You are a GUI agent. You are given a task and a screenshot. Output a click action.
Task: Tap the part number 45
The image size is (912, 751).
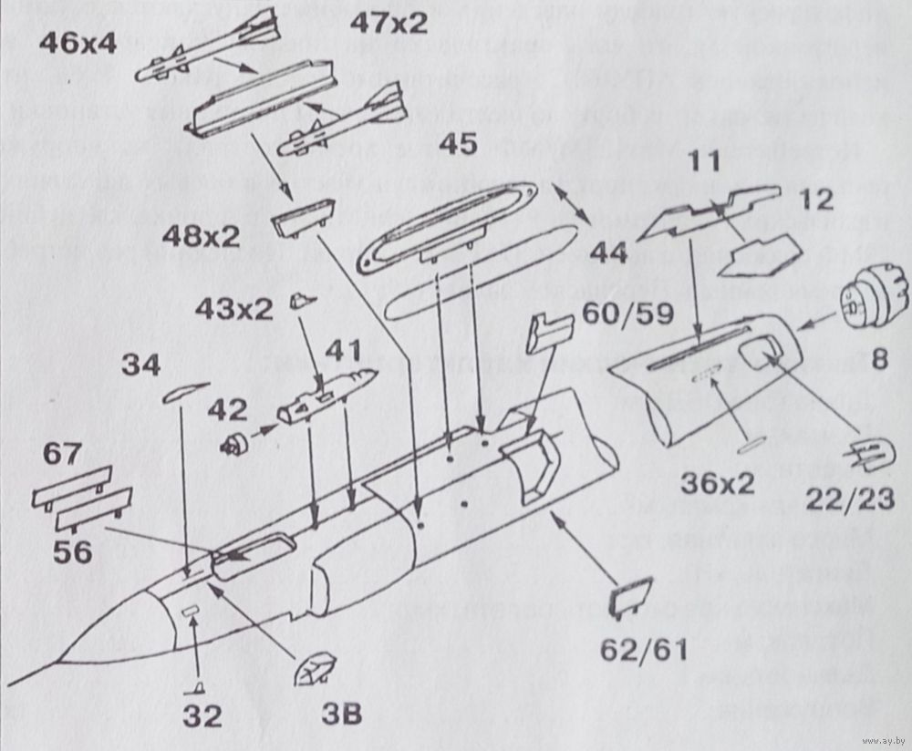tap(463, 144)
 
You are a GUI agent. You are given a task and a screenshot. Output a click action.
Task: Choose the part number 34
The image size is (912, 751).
tap(141, 366)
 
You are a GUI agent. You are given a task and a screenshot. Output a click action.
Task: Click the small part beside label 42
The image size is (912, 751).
tap(235, 445)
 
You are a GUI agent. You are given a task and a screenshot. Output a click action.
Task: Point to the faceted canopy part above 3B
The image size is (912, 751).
tap(315, 670)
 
